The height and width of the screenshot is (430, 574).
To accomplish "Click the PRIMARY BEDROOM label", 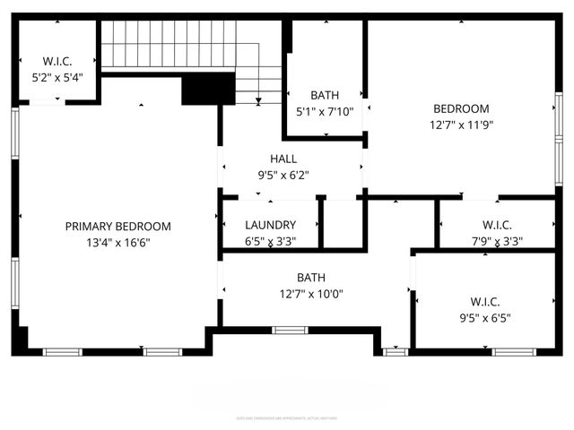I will tap(117, 227).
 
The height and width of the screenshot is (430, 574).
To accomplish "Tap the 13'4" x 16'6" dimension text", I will tap(117, 242).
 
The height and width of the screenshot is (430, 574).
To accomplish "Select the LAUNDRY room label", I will tap(270, 226).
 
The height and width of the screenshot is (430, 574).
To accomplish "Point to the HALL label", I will tap(283, 159).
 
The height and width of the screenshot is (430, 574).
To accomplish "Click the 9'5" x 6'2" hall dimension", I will tap(283, 175).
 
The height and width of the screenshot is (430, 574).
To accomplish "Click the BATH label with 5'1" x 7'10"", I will tap(324, 95).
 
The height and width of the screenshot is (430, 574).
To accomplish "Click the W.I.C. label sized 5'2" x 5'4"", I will tap(57, 62).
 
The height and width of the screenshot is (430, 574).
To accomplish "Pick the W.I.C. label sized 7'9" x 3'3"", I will tap(496, 225).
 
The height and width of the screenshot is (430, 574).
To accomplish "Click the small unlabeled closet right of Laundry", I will tap(342, 223).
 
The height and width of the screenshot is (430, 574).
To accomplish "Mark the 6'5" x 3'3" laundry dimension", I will tap(270, 241).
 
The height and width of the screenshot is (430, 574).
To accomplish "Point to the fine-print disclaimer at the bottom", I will tap(287, 417).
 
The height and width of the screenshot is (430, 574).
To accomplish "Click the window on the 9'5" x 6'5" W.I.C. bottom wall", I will tap(514, 352).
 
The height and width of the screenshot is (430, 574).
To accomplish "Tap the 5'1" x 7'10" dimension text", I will tap(324, 112).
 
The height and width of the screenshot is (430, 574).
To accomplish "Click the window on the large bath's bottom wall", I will tap(290, 331).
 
